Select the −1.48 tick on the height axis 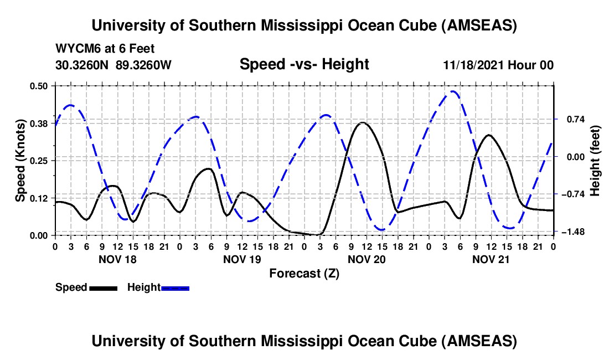[x=572, y=232]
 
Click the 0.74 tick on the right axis [x=570, y=119]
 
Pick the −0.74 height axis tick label [x=572, y=194]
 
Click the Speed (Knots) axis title [x=20, y=160]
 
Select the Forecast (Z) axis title [x=304, y=273]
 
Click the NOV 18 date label [x=117, y=259]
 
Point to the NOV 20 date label [x=367, y=259]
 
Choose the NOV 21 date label [x=491, y=259]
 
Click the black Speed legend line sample [x=103, y=287]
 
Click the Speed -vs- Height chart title [x=304, y=64]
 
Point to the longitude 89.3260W [x=144, y=65]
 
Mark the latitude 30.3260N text [x=83, y=65]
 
